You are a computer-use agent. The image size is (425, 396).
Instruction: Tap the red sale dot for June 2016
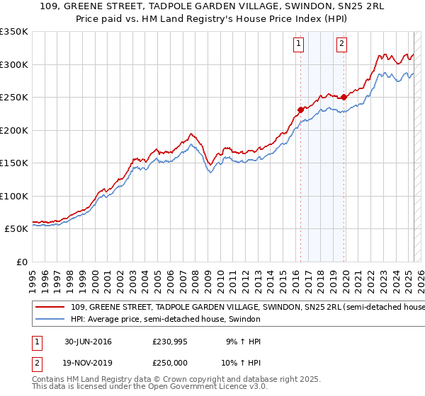(300, 110)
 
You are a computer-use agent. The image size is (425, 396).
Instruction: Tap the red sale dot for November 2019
(344, 98)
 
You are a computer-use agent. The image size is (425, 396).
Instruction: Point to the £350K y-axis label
(13, 32)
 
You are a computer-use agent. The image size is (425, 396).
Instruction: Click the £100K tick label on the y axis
(13, 196)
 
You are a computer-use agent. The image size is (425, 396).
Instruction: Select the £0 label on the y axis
(21, 262)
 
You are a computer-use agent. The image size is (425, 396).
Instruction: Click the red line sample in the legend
(50, 307)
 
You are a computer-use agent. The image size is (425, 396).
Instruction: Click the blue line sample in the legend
(50, 319)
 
